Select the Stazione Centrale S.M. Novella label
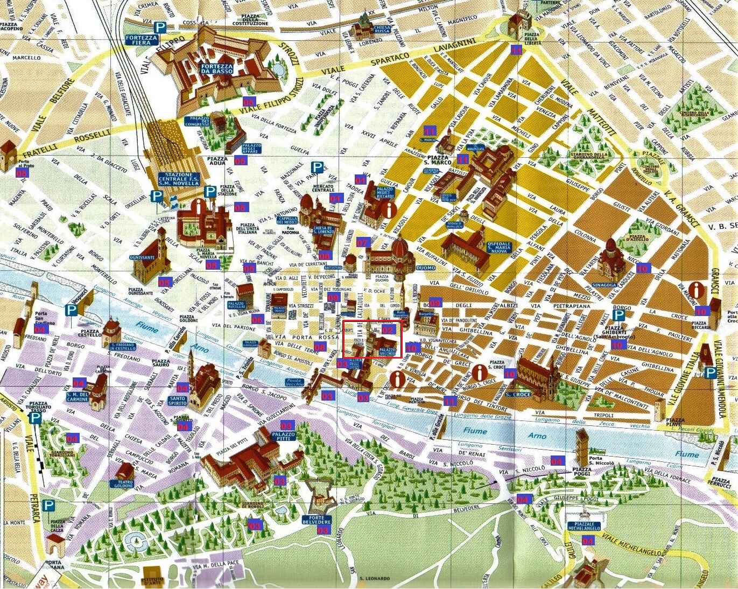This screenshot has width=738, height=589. pos(179,179)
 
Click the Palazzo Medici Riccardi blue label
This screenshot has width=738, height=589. pos(385,192)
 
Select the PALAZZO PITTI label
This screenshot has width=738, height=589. pos(284,435)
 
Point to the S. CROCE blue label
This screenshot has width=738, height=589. pos(518,394)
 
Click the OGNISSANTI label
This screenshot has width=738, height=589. pos(142,258)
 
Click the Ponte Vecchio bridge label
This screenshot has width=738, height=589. pos(294,381)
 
